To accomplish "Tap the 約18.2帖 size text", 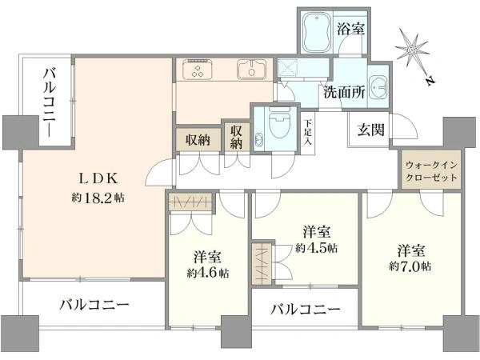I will point(94,197).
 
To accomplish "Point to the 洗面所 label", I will point(345,91).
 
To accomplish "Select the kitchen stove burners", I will point(196,71).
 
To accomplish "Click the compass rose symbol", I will point(413,51).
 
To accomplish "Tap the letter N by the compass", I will point(430,79).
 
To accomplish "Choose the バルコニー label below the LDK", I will point(93,305).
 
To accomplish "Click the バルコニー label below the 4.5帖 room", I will point(304,309).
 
